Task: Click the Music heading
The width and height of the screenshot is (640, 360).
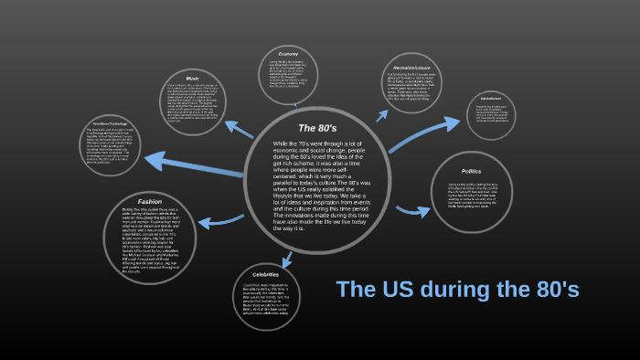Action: [192, 79]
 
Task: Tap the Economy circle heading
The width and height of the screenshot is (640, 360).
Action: [288, 55]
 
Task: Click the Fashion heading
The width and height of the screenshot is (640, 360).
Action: [150, 201]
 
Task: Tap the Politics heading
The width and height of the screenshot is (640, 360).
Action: [472, 172]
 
